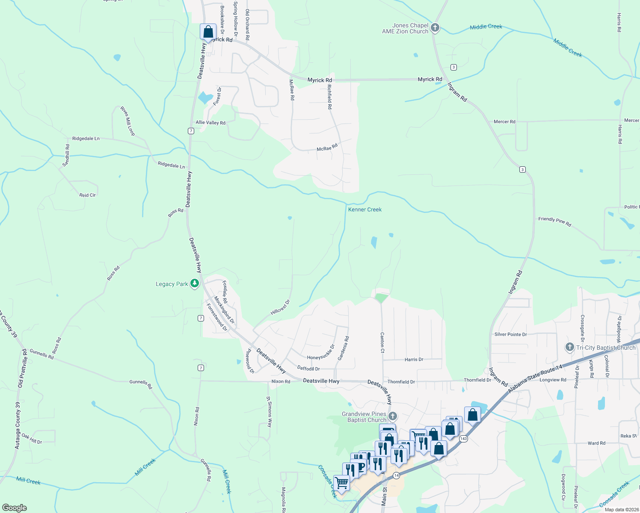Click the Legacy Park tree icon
click(x=195, y=283)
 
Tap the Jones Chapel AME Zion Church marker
click(x=435, y=28)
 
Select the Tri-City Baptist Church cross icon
click(x=569, y=347)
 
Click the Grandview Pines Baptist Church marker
click(x=393, y=416)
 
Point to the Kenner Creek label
click(x=364, y=209)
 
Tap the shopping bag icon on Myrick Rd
click(x=208, y=32)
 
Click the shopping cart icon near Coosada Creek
click(x=341, y=484)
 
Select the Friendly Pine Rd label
click(x=554, y=221)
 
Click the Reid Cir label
click(x=87, y=195)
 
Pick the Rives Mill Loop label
click(x=127, y=121)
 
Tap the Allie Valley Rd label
click(x=210, y=123)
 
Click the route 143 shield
click(x=463, y=439)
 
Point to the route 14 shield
click(x=397, y=475)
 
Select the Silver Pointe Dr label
click(x=510, y=334)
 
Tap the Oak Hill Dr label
click(x=32, y=439)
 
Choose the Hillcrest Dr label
click(x=280, y=307)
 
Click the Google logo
click(x=14, y=508)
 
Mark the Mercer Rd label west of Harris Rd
click(x=504, y=122)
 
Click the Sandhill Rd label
click(x=66, y=155)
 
